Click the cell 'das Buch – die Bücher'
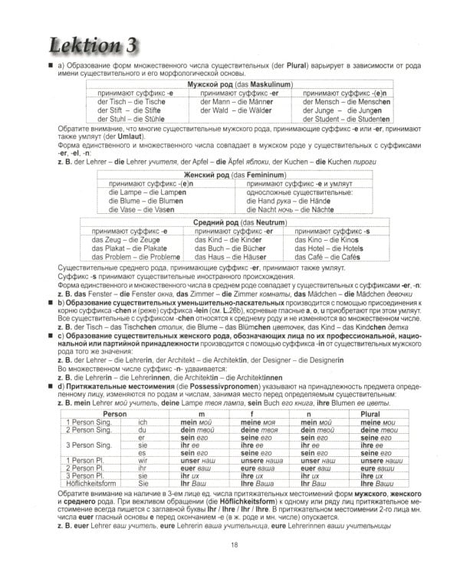(230, 248)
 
